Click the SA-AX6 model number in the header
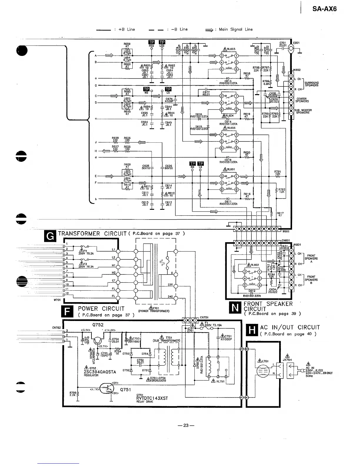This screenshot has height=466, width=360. pos(325,9)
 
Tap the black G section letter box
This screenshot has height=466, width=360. pos(50,236)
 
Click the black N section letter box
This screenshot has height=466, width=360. pos(235,307)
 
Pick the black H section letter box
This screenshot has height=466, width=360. pos(252,330)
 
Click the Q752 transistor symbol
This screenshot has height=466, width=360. pos(97,341)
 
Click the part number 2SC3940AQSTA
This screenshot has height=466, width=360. pos(100,372)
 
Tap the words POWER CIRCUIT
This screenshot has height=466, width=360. pos(101,309)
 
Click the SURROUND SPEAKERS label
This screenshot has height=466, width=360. pos(311,84)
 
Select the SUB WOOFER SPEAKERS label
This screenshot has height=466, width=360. pos(303,111)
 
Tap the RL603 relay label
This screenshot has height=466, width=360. pos(231,49)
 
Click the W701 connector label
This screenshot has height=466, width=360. pos(57,300)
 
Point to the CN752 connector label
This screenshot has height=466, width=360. pos(56,327)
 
